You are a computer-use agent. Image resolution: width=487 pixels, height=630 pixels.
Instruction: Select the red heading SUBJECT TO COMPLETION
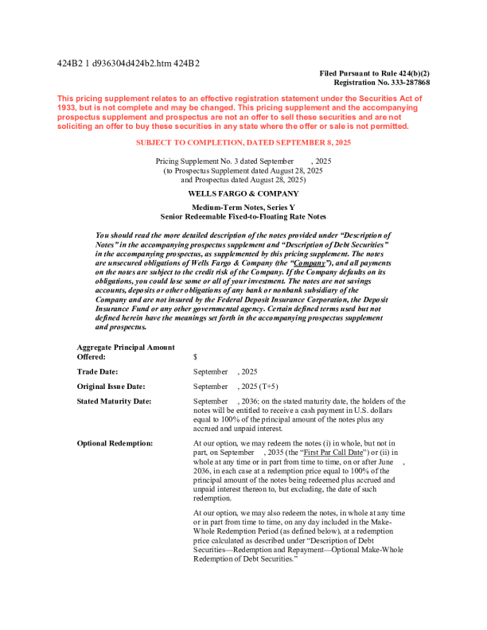pos(243,142)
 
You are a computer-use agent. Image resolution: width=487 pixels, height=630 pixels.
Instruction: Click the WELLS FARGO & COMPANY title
pos(243,193)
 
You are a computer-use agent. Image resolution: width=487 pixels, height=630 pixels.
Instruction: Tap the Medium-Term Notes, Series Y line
pos(243,208)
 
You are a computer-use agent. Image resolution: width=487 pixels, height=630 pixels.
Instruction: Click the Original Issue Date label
pos(111,387)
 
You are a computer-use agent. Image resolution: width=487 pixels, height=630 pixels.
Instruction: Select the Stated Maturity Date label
pos(114,402)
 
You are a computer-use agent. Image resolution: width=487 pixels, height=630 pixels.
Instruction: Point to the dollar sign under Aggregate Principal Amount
pos(196,357)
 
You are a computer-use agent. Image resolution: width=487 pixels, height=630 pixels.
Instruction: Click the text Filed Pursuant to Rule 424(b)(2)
pos(374,73)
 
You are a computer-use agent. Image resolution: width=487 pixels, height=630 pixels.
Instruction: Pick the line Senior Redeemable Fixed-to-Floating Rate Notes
pos(243,216)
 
